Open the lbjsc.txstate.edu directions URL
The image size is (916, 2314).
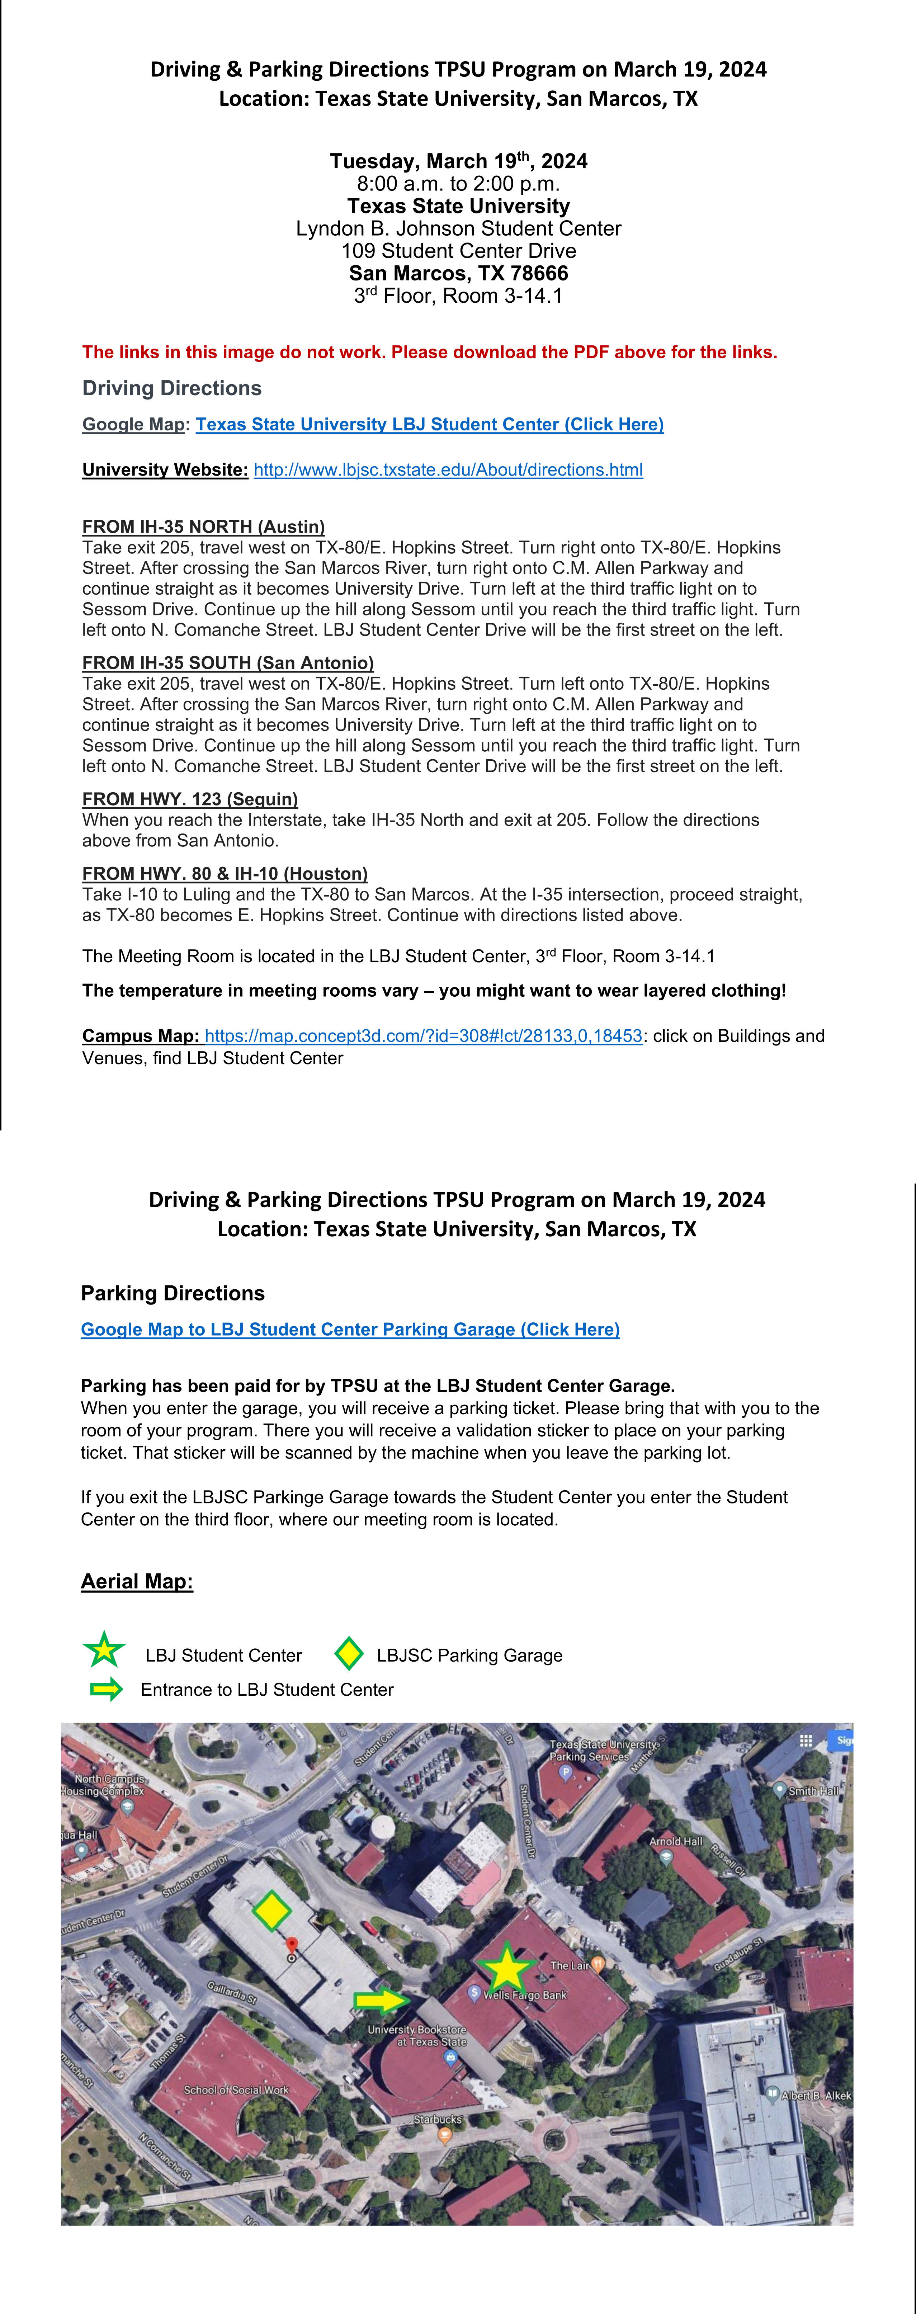tap(448, 470)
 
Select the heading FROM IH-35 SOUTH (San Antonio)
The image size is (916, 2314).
tap(228, 663)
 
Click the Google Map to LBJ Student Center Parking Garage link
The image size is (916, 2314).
tap(350, 1330)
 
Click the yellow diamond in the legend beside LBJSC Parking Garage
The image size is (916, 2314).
tap(349, 1654)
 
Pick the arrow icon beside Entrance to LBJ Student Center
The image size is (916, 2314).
tap(107, 1690)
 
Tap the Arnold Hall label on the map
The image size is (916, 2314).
tap(675, 1842)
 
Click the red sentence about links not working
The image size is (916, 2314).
tap(429, 352)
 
